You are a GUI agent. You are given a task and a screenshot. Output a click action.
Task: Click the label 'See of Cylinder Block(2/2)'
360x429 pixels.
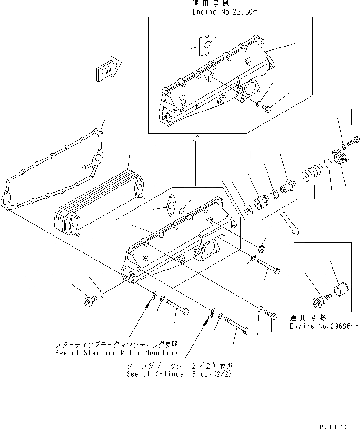coord(180,373)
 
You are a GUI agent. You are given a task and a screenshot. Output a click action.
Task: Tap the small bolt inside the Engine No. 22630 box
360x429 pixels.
coord(267,109)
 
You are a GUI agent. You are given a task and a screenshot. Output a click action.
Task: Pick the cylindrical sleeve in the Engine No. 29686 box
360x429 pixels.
coord(342,289)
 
